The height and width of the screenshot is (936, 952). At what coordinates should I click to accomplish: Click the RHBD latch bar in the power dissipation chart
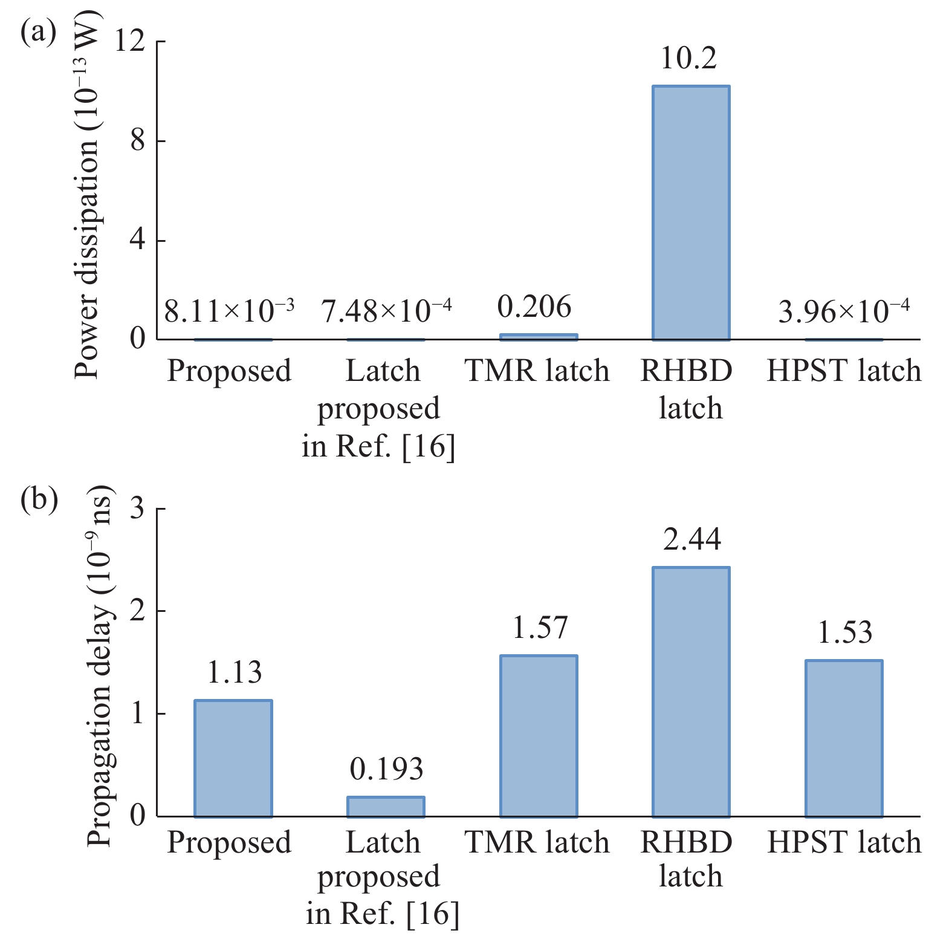[x=691, y=213]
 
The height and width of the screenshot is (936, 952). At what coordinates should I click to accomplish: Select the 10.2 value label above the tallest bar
[x=689, y=58]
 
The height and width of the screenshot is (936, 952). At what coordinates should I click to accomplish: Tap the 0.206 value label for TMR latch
[x=534, y=307]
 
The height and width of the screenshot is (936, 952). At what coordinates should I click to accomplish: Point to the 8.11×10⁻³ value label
[x=230, y=310]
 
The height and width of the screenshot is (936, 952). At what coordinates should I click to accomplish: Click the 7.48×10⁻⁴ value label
[x=386, y=310]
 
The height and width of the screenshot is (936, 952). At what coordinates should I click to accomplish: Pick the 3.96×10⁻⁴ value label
[x=844, y=310]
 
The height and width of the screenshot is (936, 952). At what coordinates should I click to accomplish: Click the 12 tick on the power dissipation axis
[x=137, y=41]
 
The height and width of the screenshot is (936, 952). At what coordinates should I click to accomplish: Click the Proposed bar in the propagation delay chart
[x=233, y=758]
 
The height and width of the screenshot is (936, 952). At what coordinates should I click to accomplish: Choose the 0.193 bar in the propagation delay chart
[x=386, y=807]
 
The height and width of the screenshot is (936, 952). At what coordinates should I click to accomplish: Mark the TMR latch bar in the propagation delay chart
[x=539, y=736]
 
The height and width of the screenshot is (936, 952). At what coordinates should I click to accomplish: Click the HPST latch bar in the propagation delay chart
[x=844, y=738]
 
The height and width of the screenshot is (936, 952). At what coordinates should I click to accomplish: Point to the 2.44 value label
[x=692, y=539]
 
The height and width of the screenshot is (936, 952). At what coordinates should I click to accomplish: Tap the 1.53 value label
[x=845, y=633]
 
